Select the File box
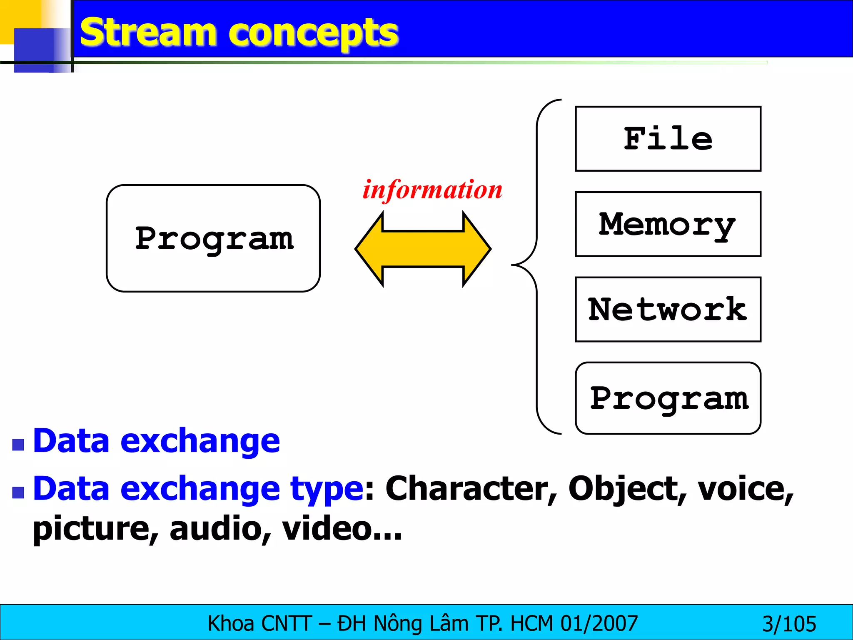tap(668, 139)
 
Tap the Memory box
tap(668, 224)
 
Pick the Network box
tap(668, 310)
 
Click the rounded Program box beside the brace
tap(668, 398)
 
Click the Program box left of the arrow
tap(213, 238)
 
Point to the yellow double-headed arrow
tap(423, 249)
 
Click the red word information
tap(432, 190)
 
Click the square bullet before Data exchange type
tap(18, 492)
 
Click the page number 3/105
tap(789, 624)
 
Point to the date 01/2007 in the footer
tap(599, 623)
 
